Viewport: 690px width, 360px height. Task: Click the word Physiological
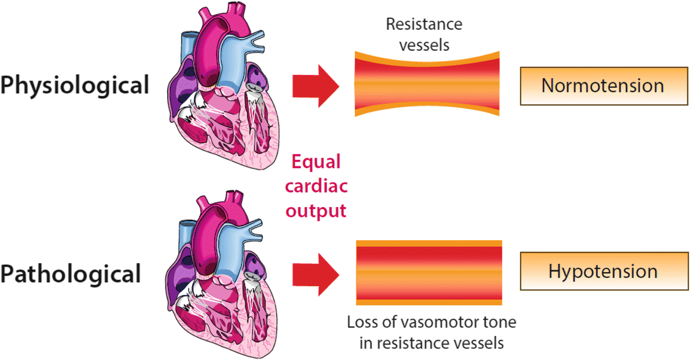(x=75, y=86)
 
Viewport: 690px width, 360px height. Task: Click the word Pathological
(x=71, y=274)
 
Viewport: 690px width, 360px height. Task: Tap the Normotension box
(x=602, y=85)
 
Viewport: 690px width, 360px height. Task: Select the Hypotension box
(x=602, y=272)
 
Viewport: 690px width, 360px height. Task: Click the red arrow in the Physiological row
(x=315, y=85)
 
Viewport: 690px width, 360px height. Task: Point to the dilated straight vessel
(x=428, y=272)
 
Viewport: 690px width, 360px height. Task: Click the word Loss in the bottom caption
(x=363, y=322)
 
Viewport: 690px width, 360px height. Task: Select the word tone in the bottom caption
(x=502, y=322)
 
